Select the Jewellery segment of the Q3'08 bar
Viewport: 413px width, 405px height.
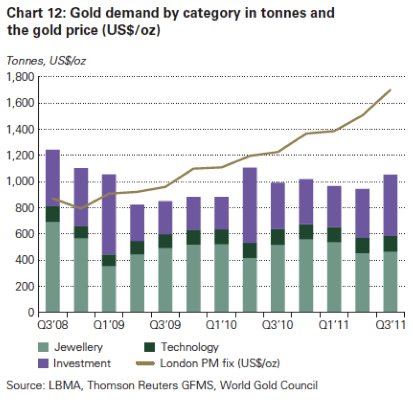coord(53,267)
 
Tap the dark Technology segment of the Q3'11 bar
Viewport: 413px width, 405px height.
coord(390,244)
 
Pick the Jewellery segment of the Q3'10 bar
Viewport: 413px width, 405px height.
coord(277,278)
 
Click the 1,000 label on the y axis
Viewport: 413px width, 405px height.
coord(21,182)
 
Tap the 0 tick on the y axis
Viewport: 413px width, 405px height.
coord(30,313)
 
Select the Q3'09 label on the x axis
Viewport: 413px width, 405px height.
coord(164,325)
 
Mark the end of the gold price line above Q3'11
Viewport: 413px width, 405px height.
coord(390,90)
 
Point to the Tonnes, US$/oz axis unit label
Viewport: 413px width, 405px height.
coord(46,60)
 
